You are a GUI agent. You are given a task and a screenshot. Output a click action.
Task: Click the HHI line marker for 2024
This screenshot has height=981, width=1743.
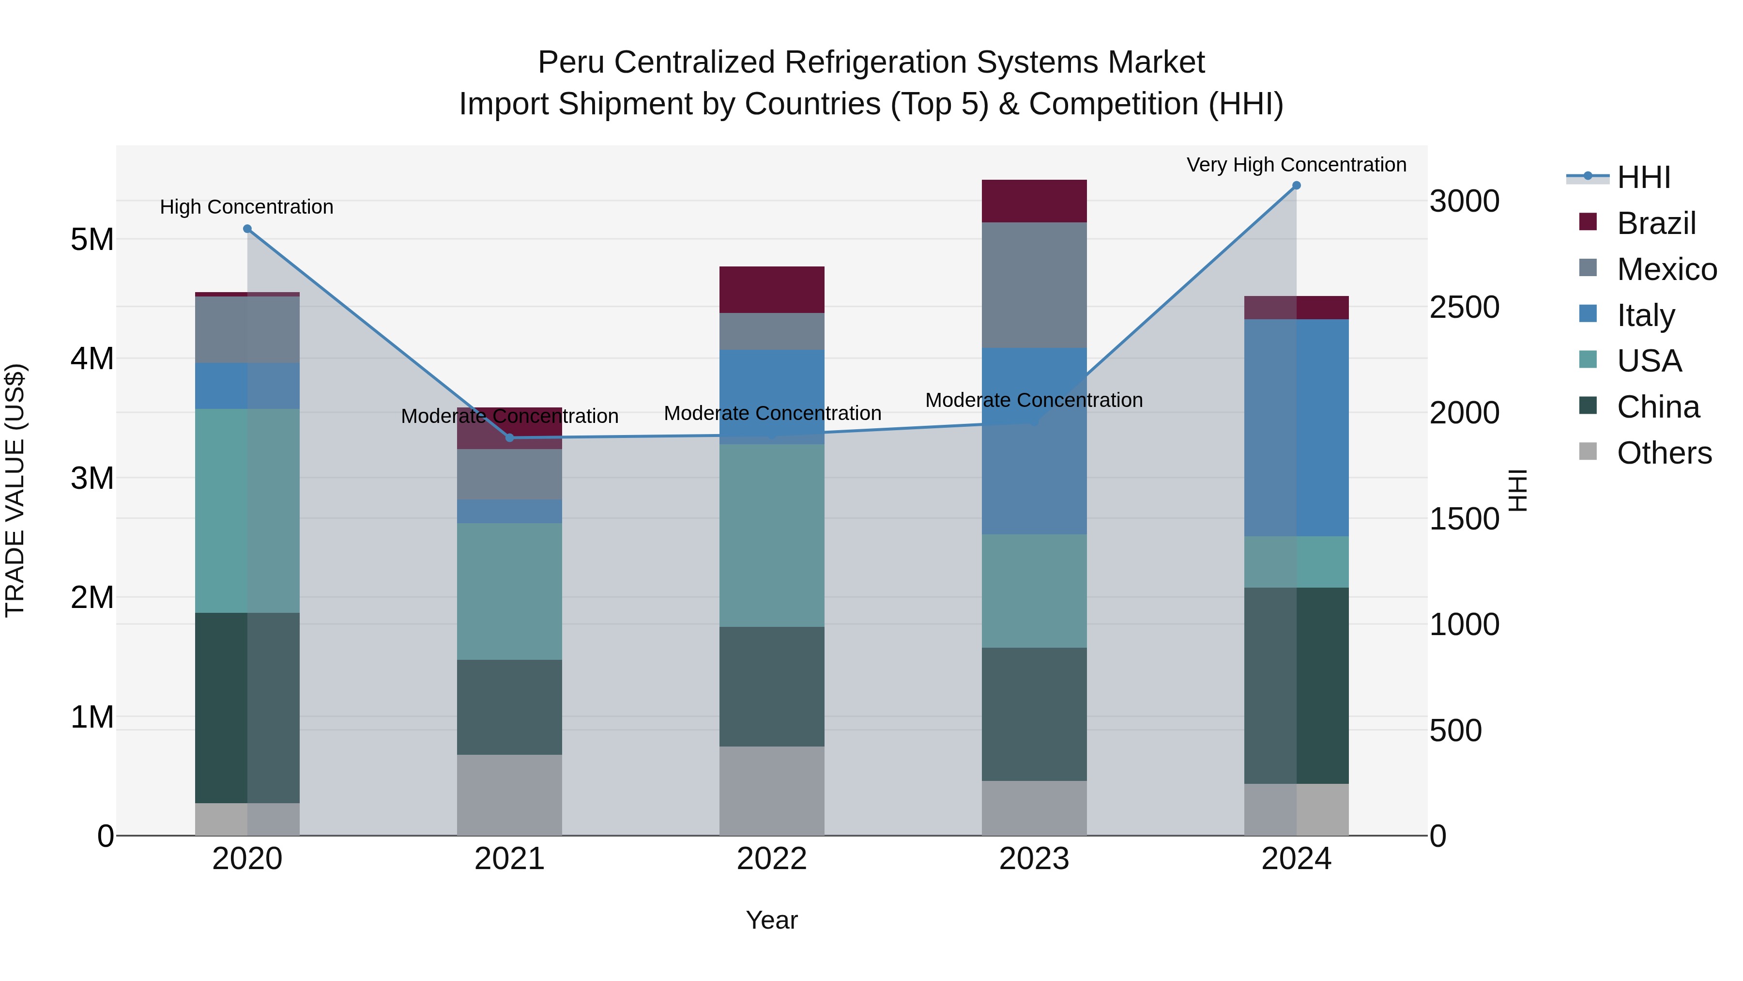pyautogui.click(x=1297, y=186)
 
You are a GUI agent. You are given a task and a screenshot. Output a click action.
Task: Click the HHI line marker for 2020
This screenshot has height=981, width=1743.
pyautogui.click(x=247, y=229)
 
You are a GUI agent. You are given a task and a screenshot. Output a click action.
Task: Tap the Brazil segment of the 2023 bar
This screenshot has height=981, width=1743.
pyautogui.click(x=1034, y=201)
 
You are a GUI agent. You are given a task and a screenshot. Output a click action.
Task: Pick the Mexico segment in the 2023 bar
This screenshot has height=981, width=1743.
pyautogui.click(x=1034, y=285)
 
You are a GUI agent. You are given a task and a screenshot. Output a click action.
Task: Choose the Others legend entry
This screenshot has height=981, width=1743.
pyautogui.click(x=1663, y=453)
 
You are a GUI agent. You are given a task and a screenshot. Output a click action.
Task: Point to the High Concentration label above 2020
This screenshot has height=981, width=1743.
pyautogui.click(x=246, y=206)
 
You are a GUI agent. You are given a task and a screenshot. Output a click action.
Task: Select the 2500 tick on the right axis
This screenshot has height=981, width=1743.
pyautogui.click(x=1464, y=307)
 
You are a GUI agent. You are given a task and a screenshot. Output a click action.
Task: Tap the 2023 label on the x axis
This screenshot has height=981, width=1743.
pyautogui.click(x=1034, y=859)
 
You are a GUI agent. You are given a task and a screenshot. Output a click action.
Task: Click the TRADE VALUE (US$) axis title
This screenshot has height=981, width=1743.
pyautogui.click(x=15, y=490)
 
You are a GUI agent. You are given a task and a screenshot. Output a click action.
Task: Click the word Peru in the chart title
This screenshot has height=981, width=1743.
pyautogui.click(x=572, y=62)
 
